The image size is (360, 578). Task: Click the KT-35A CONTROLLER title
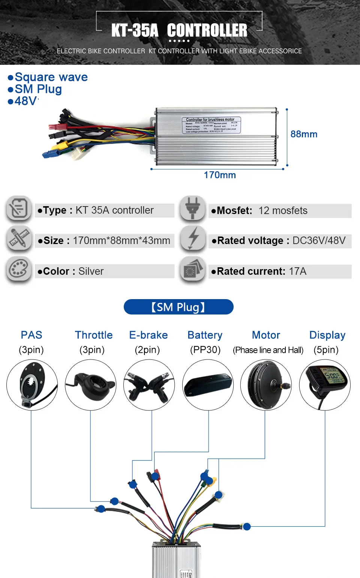[x=179, y=30]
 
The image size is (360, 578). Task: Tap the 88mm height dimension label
[x=304, y=134]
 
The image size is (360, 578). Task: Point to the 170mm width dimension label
[x=220, y=175]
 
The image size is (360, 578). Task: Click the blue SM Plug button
[x=178, y=307]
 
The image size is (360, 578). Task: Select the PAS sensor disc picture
[x=32, y=385]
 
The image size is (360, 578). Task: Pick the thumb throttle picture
[x=90, y=385]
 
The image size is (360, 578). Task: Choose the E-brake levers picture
[x=149, y=385]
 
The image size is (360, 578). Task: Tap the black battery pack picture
[x=208, y=385]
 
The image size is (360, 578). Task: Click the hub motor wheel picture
[x=266, y=385]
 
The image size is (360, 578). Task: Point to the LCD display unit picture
[x=325, y=385]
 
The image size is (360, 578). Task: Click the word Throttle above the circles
[x=94, y=335]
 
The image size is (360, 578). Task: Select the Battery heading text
[x=205, y=335]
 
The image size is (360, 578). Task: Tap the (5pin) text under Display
[x=326, y=350]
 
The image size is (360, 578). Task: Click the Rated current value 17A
[x=298, y=271]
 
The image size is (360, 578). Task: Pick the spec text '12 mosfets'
[x=283, y=211]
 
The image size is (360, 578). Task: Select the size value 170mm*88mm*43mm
[x=121, y=241]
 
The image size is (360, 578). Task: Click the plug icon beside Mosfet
[x=192, y=208]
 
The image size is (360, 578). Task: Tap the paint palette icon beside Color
[x=18, y=269]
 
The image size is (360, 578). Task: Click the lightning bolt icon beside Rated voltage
[x=193, y=238]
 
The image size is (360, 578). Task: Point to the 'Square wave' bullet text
[x=51, y=77]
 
